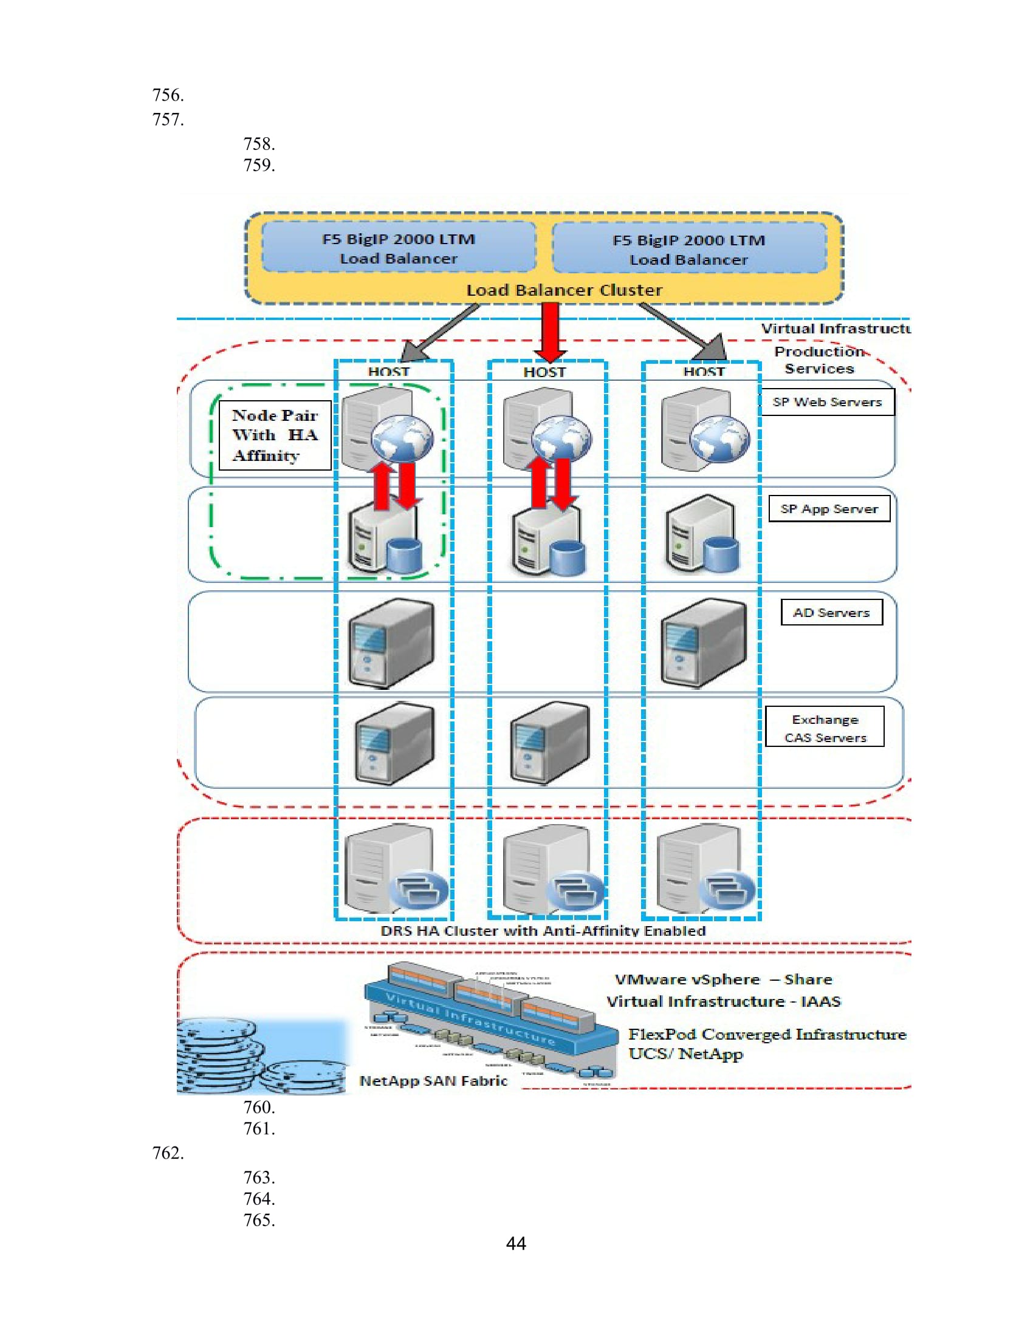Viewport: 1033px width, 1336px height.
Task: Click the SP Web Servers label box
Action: tap(827, 402)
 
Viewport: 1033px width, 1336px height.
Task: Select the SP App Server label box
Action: tap(829, 509)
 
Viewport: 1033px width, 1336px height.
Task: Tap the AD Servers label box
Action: tap(831, 612)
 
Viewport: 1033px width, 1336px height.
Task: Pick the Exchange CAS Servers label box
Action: tap(825, 728)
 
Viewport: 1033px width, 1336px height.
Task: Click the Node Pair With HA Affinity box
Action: tap(275, 435)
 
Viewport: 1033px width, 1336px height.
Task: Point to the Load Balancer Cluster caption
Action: tap(564, 290)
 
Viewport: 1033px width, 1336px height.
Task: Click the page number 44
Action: tap(516, 1243)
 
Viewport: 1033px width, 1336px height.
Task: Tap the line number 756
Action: tap(168, 95)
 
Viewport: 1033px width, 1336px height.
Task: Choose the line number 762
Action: tap(168, 1153)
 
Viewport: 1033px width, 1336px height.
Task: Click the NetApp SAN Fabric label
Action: tap(433, 1081)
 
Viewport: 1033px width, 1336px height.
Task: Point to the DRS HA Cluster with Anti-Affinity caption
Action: tap(543, 930)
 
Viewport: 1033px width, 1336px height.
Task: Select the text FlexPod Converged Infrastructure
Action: tap(767, 1034)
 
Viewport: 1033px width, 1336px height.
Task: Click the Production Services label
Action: tap(819, 360)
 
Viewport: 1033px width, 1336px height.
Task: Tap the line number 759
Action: tap(259, 165)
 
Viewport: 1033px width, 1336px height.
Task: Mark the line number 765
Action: tap(259, 1220)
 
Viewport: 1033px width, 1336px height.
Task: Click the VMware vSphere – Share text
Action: tap(722, 980)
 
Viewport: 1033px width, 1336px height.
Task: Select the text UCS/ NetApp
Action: tap(685, 1054)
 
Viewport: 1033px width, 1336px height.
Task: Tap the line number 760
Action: tap(259, 1106)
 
